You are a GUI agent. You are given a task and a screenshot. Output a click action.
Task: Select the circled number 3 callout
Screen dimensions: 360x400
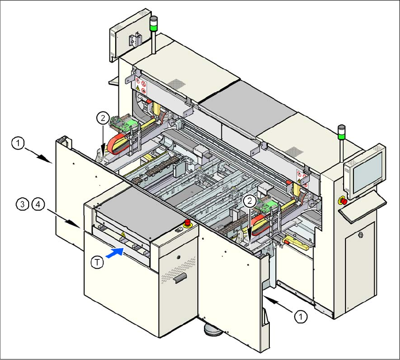point(22,204)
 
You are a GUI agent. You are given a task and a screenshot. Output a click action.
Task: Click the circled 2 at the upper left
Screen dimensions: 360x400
point(103,117)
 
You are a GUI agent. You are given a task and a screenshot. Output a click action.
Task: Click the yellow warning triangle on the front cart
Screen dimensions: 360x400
point(123,234)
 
